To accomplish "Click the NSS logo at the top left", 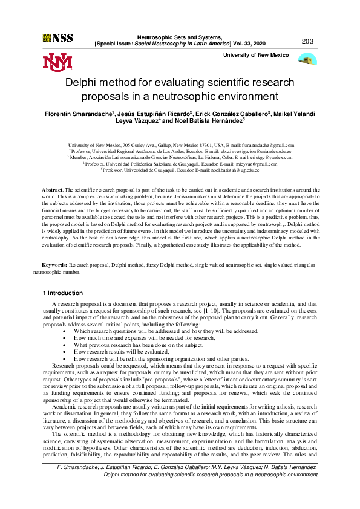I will click(x=57, y=38).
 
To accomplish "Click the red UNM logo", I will click(x=57, y=62).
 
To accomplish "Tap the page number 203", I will click(x=307, y=41).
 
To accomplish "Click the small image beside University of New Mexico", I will click(x=307, y=59).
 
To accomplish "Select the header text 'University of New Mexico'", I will click(x=256, y=55).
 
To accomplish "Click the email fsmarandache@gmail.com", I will click(x=266, y=146).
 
